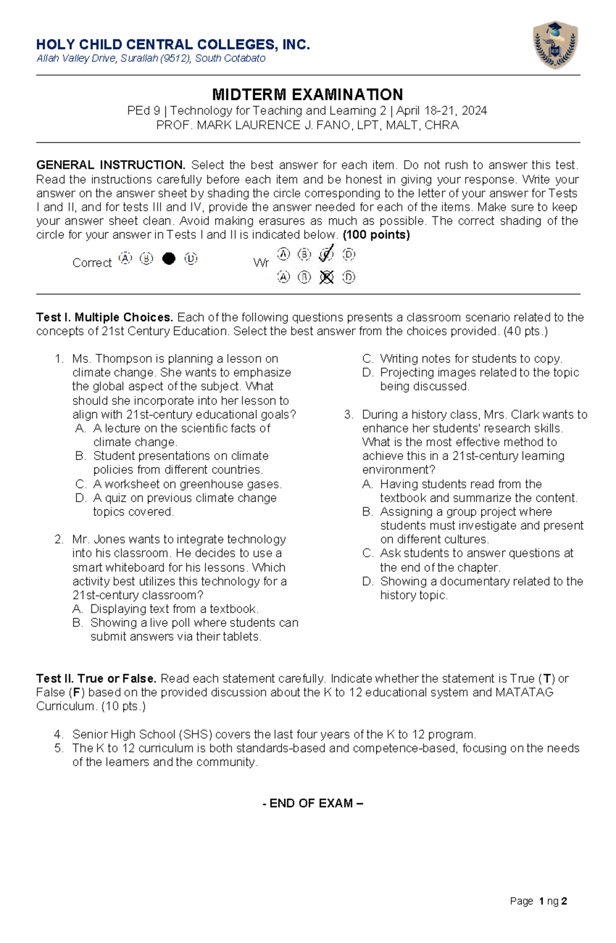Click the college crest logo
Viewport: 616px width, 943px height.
click(556, 45)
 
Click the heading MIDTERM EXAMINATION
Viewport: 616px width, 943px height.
click(307, 95)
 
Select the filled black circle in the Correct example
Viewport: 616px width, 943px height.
click(168, 258)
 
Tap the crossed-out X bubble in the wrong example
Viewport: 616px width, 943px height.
click(326, 278)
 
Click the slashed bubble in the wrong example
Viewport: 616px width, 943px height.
click(326, 254)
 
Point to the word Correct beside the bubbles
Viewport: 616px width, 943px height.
click(91, 263)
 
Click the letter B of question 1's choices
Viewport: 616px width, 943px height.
click(80, 456)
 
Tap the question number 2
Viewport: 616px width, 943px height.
click(59, 539)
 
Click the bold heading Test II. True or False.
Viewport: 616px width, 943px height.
click(96, 678)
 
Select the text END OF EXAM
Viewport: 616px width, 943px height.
click(311, 803)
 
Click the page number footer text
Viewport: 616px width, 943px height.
click(538, 901)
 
